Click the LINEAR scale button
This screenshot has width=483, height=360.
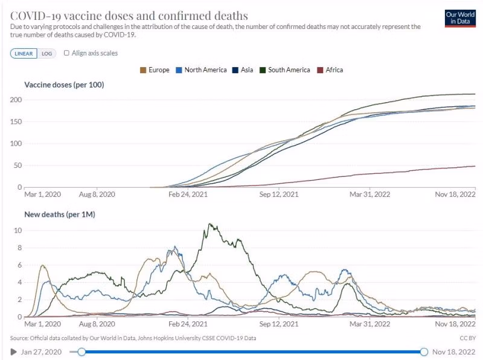pos(24,53)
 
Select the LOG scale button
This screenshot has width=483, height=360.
pos(46,53)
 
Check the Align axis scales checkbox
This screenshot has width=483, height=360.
pos(66,53)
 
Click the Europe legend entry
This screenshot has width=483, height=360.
pos(155,70)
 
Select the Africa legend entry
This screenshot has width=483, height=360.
pos(330,70)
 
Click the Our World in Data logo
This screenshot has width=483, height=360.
pos(459,18)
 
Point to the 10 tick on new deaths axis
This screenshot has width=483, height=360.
pos(18,230)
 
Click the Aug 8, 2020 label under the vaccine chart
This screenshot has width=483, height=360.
pos(98,194)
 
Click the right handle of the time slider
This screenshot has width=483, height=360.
pos(424,352)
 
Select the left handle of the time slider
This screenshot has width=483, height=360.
pos(82,352)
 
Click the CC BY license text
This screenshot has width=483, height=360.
pos(468,338)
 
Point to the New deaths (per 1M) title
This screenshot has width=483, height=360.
pos(60,214)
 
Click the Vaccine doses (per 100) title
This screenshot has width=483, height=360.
pos(64,85)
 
